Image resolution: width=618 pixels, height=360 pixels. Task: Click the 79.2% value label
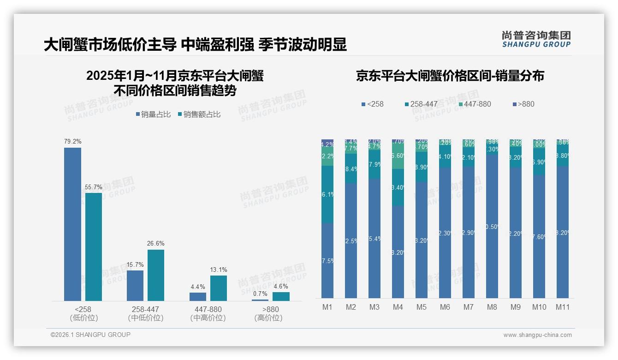pos(72,141)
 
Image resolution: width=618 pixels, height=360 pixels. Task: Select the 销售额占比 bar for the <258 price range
pos(94,246)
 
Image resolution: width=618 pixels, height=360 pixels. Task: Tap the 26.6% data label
pos(156,243)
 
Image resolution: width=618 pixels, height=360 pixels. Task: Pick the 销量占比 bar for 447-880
pos(198,297)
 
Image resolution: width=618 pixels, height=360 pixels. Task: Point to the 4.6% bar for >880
pos(281,296)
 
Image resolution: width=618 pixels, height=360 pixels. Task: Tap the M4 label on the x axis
pos(398,307)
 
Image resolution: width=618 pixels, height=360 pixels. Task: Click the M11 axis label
pos(562,307)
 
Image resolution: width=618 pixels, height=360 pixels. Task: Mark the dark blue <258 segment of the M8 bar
pos(492,226)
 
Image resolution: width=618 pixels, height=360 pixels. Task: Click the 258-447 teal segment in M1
pos(327,194)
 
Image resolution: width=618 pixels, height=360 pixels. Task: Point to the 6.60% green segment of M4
pos(398,156)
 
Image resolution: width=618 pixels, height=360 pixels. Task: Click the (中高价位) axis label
pos(208,318)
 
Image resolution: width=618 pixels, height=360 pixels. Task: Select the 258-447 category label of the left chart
pos(146,309)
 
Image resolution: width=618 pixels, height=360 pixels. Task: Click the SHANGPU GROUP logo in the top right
pos(536,39)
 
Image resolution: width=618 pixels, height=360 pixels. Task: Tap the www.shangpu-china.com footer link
pos(537,335)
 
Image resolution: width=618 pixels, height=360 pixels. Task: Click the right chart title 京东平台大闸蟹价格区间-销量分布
pos(450,76)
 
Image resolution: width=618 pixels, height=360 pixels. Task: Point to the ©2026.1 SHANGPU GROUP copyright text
pos(90,335)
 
